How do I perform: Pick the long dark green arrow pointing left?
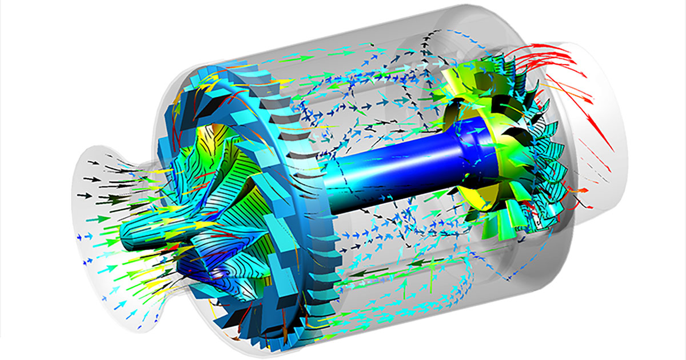click(x=366, y=274)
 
